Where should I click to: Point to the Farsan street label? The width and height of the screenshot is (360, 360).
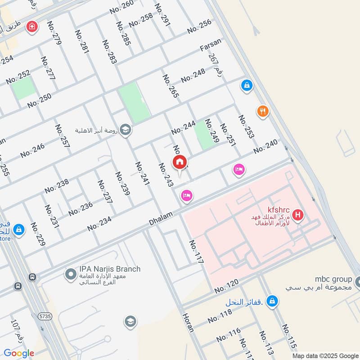[211, 47]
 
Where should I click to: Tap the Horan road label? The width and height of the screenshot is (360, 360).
[188, 322]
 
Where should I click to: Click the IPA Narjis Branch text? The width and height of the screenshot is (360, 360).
[110, 269]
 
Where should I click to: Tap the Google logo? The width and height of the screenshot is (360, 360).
[19, 353]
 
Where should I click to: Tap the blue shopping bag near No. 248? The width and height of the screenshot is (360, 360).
[246, 85]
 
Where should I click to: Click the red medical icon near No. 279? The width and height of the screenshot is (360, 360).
[31, 26]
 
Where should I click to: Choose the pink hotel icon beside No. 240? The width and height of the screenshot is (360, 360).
[239, 170]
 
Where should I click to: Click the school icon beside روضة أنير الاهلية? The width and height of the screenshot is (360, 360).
[126, 130]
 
